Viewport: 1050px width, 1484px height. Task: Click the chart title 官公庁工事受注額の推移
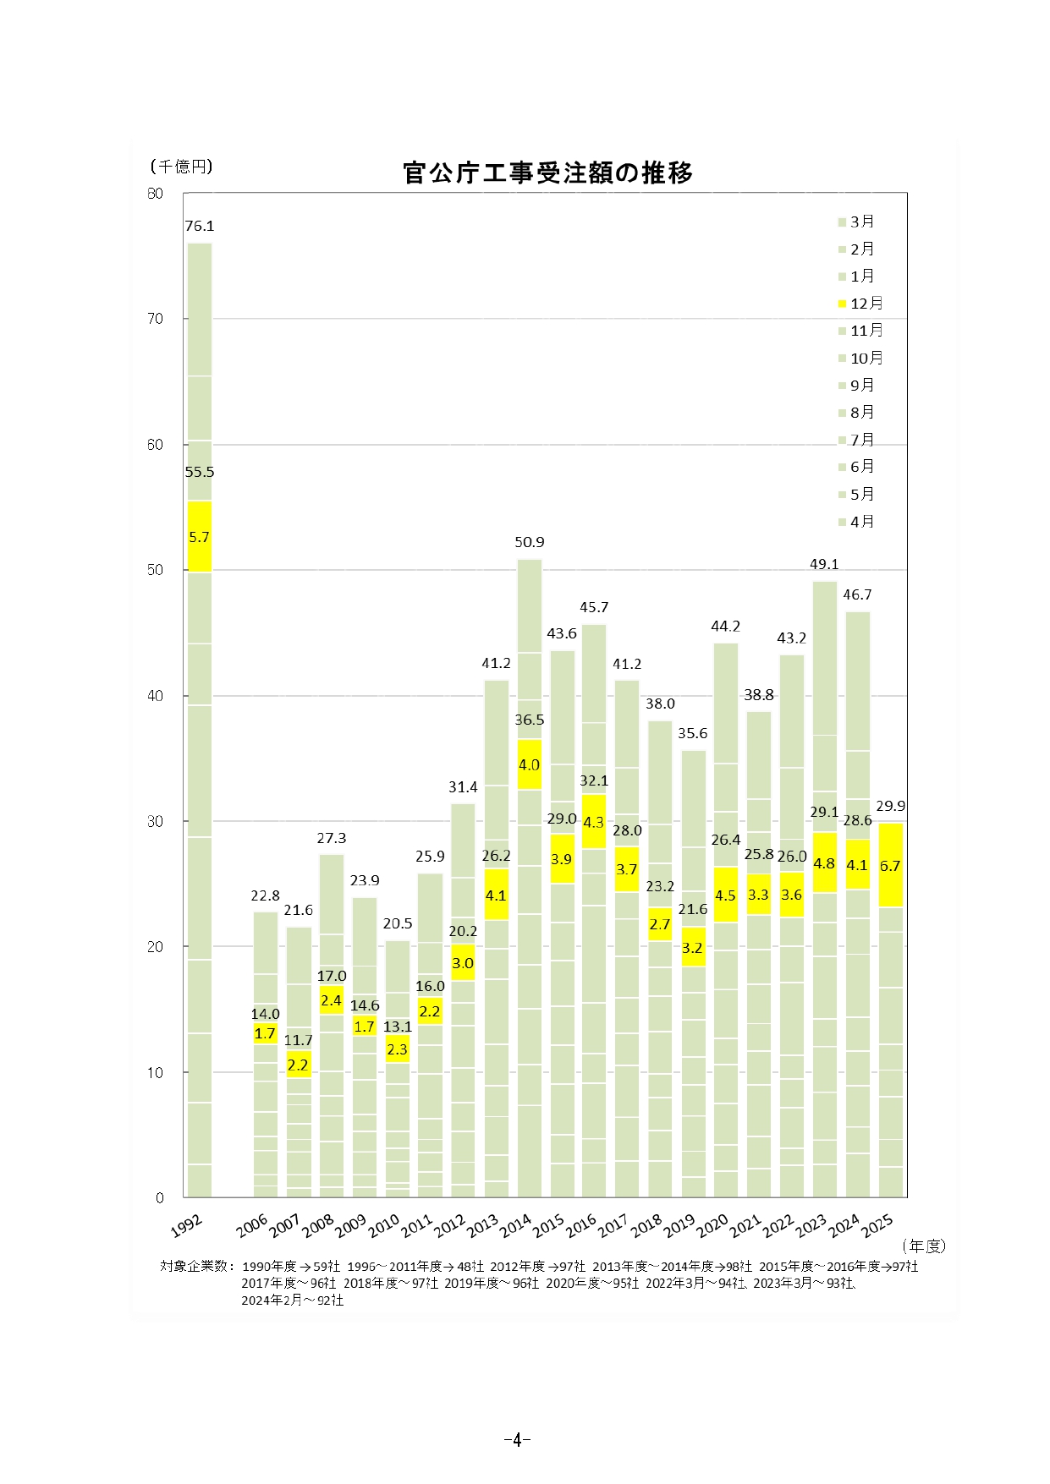pos(547,172)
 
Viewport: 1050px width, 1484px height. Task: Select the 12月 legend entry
pos(860,304)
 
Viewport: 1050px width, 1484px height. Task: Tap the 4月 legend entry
pos(856,522)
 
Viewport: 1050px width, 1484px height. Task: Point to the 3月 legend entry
pos(856,222)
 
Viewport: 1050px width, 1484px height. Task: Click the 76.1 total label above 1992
pos(200,226)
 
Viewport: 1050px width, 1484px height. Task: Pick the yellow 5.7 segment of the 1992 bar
pos(199,537)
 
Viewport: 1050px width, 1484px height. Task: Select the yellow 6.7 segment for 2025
pos(890,866)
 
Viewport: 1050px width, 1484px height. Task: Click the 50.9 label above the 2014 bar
pos(530,542)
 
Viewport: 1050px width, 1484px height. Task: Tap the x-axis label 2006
pos(252,1225)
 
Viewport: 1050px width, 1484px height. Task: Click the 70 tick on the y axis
pos(155,319)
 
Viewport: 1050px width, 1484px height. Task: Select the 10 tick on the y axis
pos(155,1072)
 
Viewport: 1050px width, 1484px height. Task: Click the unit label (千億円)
pos(181,167)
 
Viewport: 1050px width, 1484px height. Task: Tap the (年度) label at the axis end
pos(923,1246)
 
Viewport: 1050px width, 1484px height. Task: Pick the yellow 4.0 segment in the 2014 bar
pos(529,764)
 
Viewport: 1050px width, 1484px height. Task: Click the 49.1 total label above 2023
pos(824,564)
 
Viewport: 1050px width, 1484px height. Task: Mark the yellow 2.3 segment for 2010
pos(397,1049)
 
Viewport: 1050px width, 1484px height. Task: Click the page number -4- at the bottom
pos(516,1439)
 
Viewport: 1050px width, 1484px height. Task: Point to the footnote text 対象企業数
pos(196,1266)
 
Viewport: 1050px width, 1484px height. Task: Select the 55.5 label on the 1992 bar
pos(200,472)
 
